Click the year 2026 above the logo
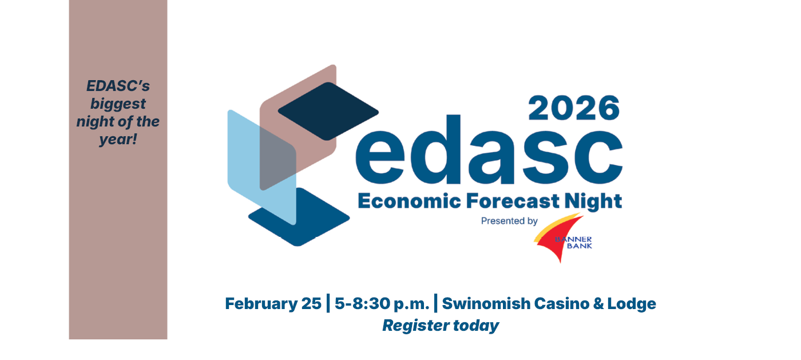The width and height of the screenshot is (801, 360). [x=574, y=108]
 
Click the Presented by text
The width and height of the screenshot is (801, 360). [x=509, y=221]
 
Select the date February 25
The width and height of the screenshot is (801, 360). [x=273, y=304]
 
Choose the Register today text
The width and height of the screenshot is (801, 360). [x=441, y=326]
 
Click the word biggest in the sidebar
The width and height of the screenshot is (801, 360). [x=118, y=104]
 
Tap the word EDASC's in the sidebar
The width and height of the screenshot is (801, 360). [x=118, y=86]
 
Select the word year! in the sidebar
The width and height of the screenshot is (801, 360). [x=118, y=139]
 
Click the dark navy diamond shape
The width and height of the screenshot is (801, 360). [x=328, y=110]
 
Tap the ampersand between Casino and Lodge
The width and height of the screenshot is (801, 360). [x=598, y=304]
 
